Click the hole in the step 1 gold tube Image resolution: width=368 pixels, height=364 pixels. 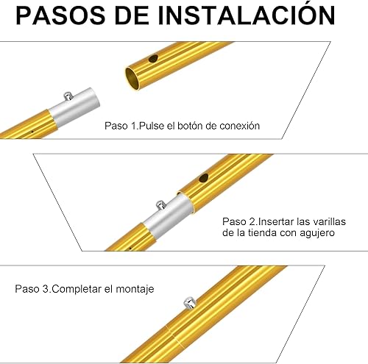152,58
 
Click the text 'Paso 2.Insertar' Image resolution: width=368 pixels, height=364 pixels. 255,220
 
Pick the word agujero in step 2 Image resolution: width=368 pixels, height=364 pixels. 316,232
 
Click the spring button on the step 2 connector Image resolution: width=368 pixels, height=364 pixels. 158,204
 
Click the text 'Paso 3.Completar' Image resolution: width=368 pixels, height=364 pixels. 63,290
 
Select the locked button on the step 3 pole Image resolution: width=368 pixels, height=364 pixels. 188,301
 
